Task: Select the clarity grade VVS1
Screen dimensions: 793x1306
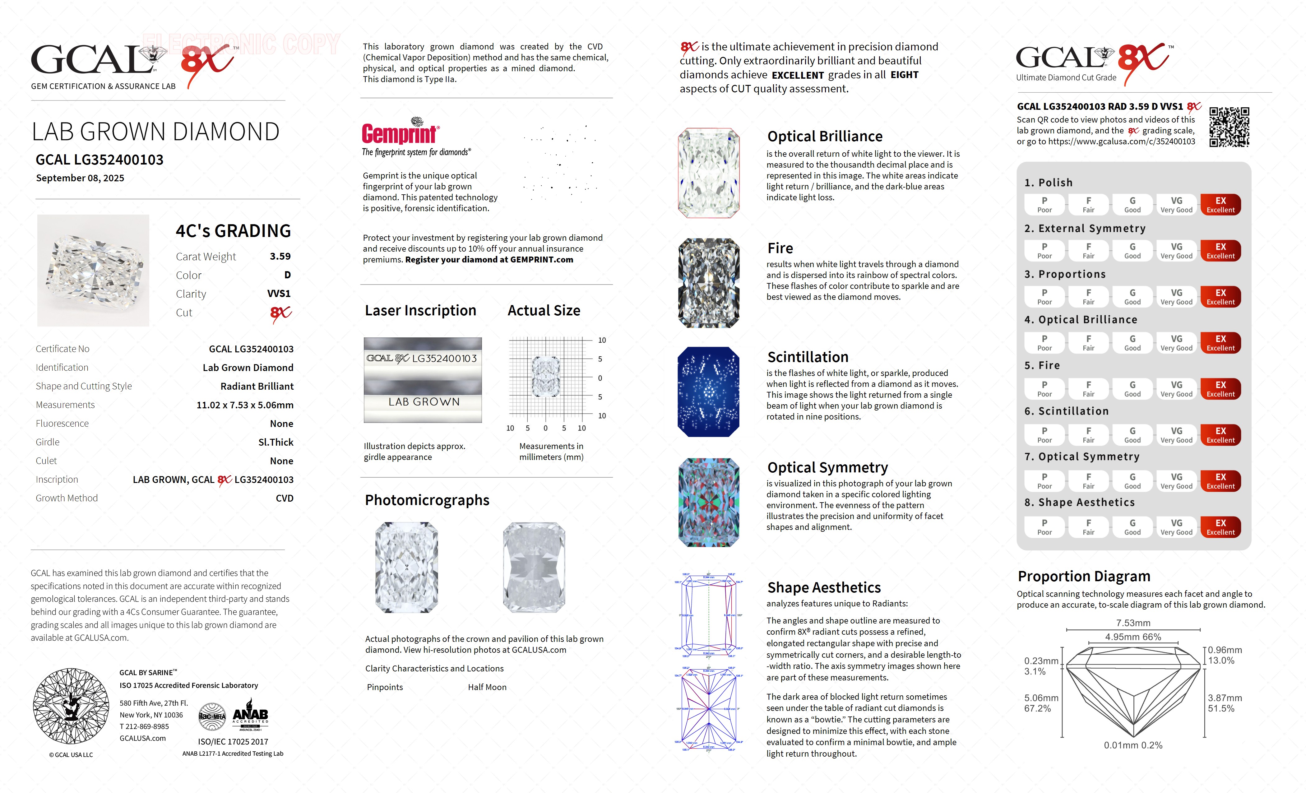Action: tap(279, 293)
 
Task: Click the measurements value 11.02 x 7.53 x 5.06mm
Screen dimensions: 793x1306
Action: tap(245, 405)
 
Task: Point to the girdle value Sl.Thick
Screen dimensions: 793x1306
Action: tap(276, 442)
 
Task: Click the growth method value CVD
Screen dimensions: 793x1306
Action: tap(284, 498)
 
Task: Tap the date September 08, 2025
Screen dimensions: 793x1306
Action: tap(80, 178)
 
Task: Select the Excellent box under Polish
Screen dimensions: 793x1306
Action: tap(1220, 205)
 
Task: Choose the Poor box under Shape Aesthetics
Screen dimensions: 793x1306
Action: tap(1044, 527)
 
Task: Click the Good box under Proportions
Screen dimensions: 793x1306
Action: tap(1132, 297)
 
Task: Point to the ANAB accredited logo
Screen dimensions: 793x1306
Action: tap(250, 717)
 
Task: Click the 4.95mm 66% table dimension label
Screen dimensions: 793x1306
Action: tap(1133, 637)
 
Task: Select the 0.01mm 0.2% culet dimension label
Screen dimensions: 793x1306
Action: tap(1133, 745)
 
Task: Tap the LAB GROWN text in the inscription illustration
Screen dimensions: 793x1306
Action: tap(424, 402)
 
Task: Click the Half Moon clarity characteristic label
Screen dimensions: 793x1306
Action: tap(487, 687)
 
